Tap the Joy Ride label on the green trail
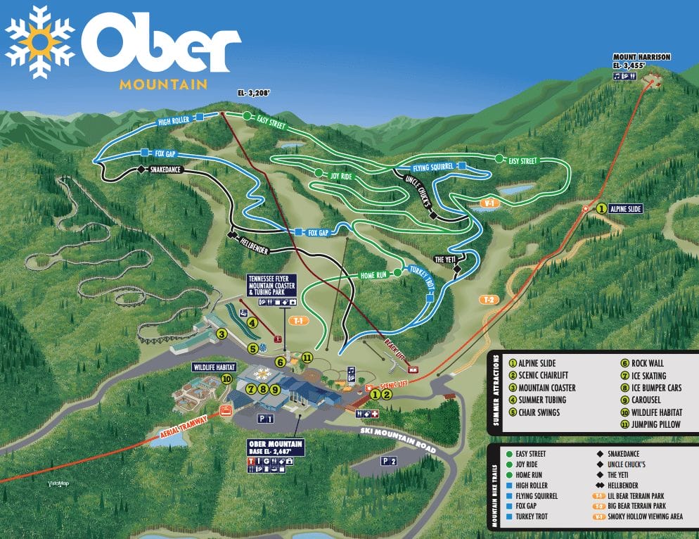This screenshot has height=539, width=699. coord(340,174)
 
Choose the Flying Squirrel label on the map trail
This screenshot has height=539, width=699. coord(432,167)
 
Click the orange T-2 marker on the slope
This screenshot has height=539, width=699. coord(489,300)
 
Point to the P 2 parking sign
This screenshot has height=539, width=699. coord(389,460)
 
